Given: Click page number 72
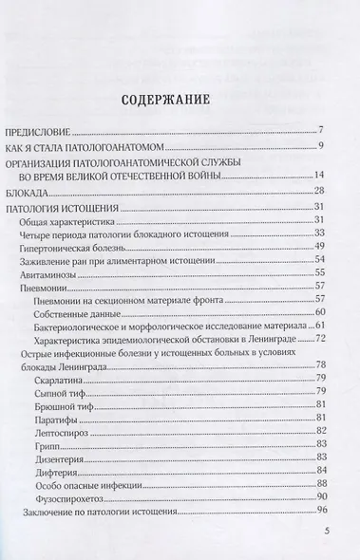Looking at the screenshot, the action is (x=320, y=339).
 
